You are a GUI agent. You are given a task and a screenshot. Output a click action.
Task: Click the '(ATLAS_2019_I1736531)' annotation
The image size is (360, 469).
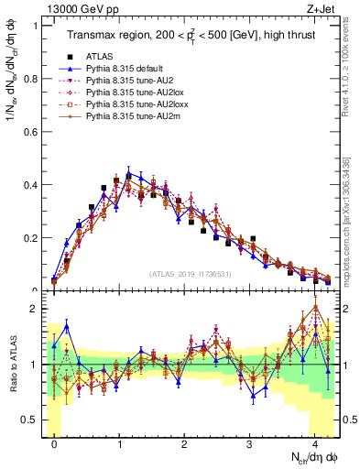coord(190,274)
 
